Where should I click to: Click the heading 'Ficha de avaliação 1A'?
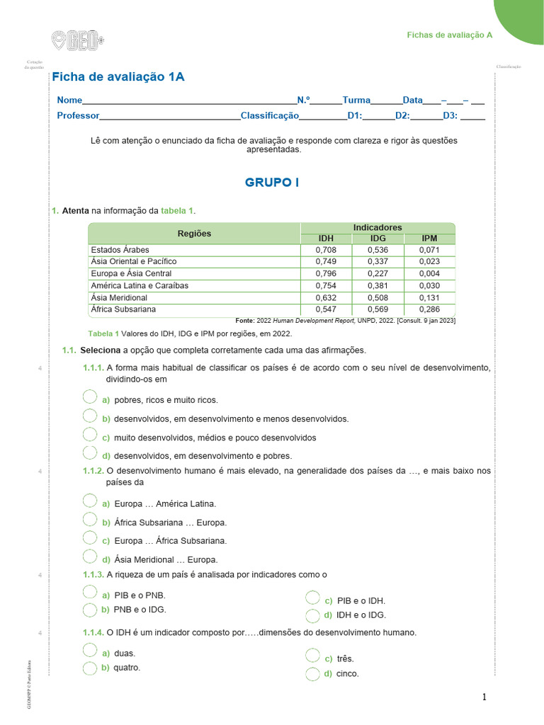click(x=118, y=77)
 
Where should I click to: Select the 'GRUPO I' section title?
click(x=272, y=183)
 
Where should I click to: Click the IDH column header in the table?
click(x=326, y=239)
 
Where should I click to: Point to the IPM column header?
click(x=429, y=239)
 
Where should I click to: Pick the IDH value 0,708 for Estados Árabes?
click(x=326, y=250)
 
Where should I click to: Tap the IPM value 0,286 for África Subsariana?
click(x=429, y=309)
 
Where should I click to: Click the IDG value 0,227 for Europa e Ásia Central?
click(x=378, y=274)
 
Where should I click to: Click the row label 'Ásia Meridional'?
click(x=119, y=298)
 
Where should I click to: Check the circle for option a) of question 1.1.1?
click(x=90, y=397)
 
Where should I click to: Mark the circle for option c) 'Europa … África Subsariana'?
click(x=90, y=538)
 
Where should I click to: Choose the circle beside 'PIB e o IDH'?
click(x=312, y=599)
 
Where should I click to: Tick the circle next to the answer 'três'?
click(x=312, y=657)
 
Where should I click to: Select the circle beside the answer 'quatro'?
click(x=89, y=668)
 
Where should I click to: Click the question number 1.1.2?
click(x=93, y=471)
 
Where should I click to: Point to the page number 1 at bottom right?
click(x=484, y=697)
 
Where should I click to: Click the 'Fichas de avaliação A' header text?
click(x=449, y=35)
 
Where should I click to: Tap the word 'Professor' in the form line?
click(x=78, y=115)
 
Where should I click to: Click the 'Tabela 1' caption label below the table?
click(x=103, y=333)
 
